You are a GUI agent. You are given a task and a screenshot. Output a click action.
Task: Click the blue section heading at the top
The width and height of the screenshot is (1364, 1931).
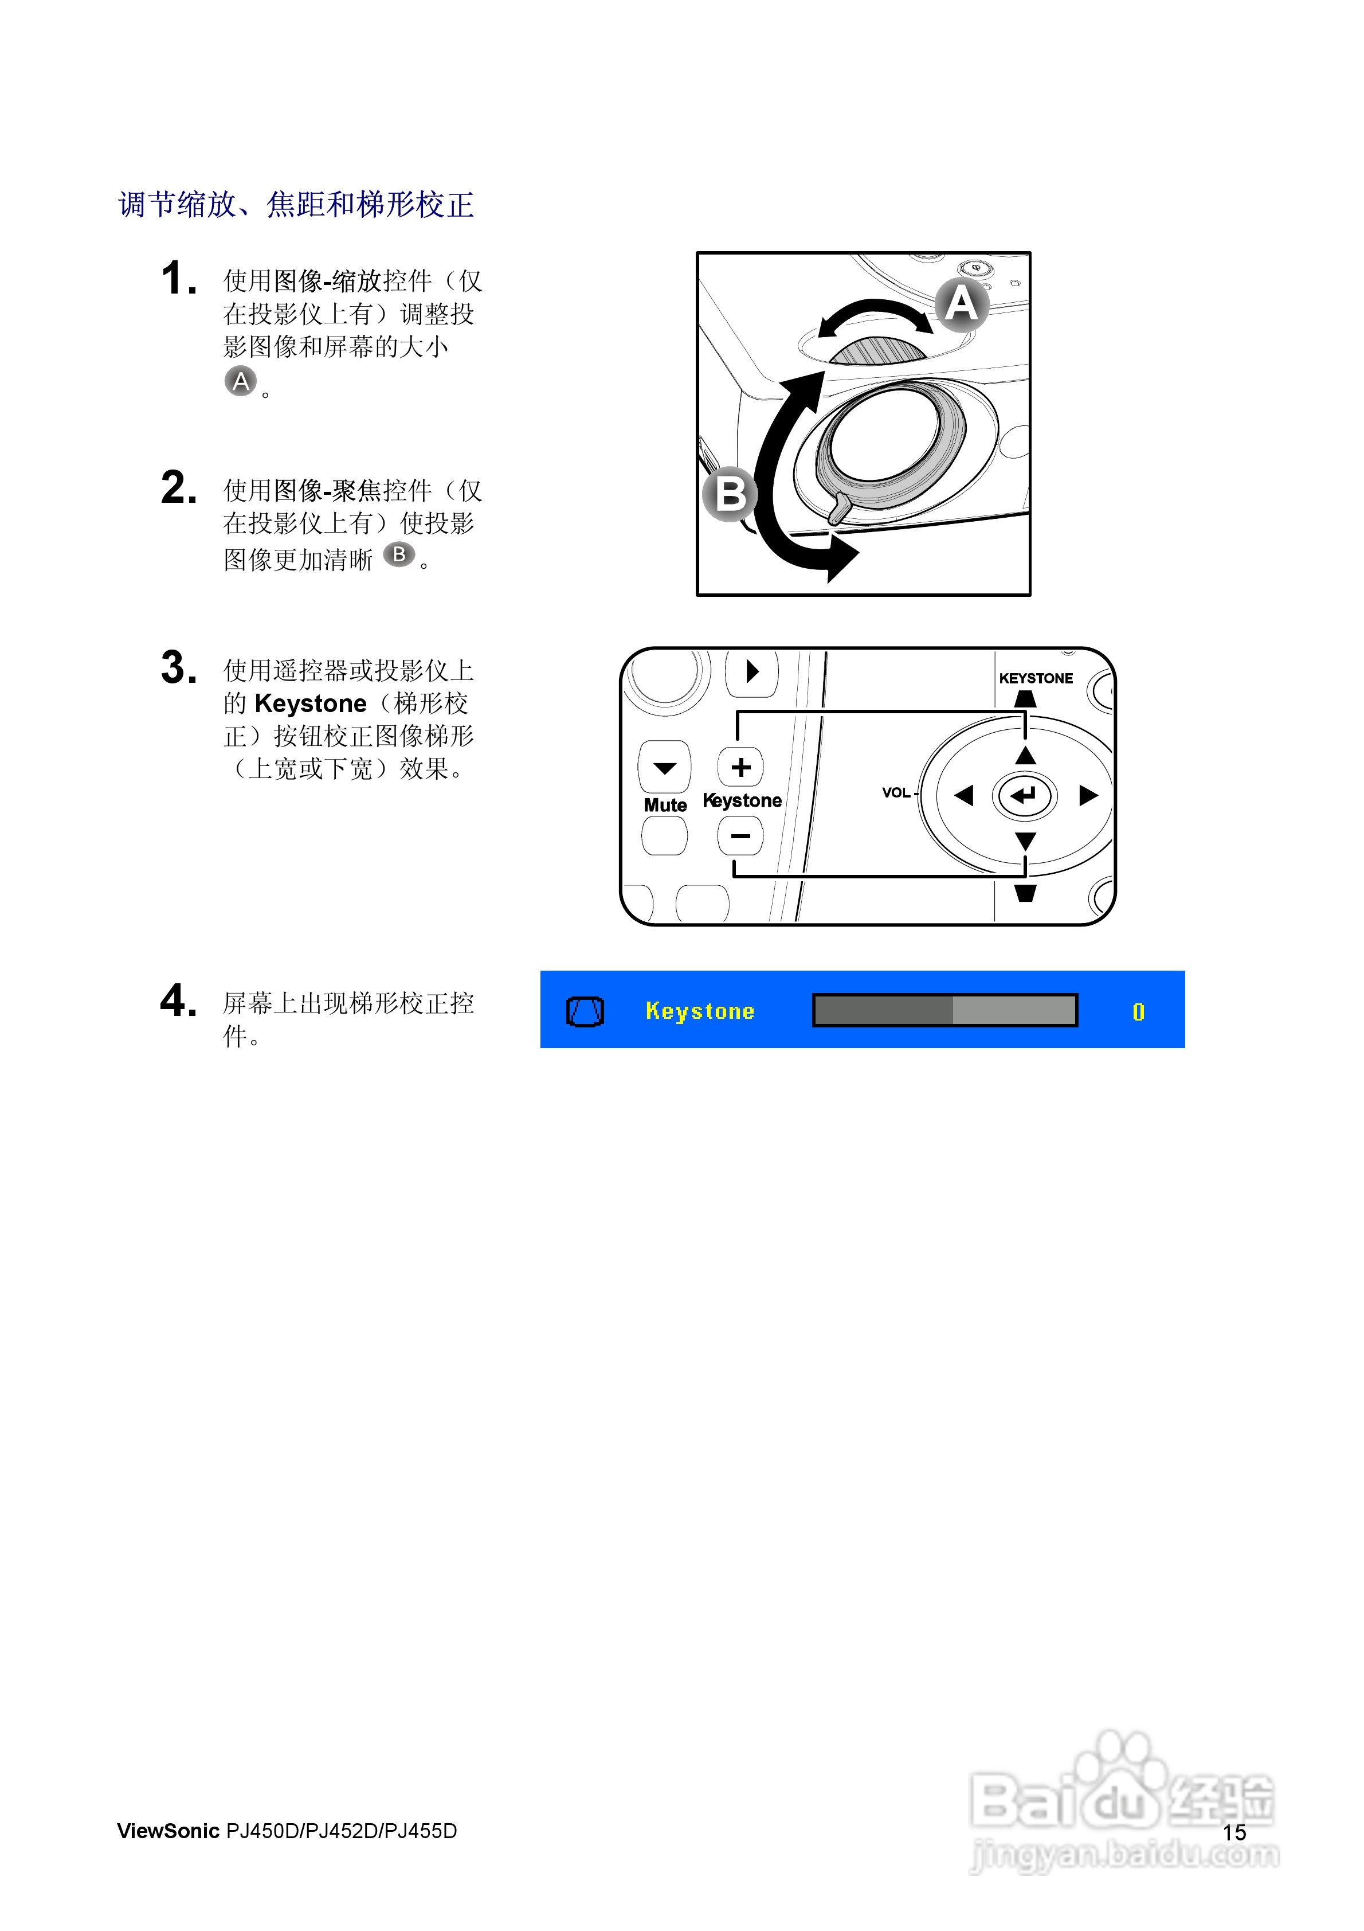click(296, 204)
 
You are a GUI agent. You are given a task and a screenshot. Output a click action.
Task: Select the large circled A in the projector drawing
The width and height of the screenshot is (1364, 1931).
click(961, 304)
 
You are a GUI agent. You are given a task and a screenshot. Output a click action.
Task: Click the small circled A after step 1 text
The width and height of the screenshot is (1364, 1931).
click(241, 381)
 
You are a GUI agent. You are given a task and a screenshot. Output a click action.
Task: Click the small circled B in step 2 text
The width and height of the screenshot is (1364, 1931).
click(399, 554)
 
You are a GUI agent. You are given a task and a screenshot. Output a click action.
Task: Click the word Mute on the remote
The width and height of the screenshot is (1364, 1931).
click(664, 805)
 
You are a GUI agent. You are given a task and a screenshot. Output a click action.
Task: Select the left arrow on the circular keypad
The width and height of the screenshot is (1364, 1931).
click(964, 795)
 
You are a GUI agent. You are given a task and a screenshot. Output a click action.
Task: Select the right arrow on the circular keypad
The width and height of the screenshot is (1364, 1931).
click(1088, 795)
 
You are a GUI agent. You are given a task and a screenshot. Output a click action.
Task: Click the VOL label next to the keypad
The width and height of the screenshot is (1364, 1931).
click(896, 792)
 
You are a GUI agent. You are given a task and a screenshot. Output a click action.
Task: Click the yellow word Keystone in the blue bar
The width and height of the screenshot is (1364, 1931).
click(700, 1011)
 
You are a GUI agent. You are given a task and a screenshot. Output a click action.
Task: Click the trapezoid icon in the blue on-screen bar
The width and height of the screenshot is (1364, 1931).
click(585, 1011)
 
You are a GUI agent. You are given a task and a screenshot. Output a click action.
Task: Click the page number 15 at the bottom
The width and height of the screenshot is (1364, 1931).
click(1234, 1832)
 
